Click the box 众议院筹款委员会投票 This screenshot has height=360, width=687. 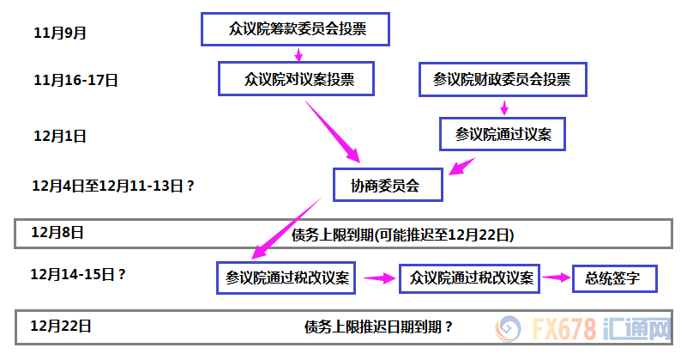[295, 29]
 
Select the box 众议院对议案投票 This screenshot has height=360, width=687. [296, 78]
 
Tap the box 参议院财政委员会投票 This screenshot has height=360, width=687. [503, 79]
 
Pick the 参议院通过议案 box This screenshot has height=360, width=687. [503, 134]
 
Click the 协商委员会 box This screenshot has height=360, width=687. [388, 185]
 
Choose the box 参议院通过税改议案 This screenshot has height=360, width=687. [286, 278]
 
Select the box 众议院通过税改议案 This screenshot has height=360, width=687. [469, 278]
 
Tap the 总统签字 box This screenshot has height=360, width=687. [615, 278]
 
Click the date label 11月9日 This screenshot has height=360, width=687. [59, 33]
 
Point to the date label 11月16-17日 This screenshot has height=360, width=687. [75, 81]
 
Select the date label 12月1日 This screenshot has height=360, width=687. [59, 136]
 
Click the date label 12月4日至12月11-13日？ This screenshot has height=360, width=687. [113, 186]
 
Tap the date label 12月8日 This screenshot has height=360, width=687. [57, 232]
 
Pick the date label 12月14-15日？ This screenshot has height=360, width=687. [78, 275]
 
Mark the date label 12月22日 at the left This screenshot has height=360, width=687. [61, 326]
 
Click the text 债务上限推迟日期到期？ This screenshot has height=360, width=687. [378, 327]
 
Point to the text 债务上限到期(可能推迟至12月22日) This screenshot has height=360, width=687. [402, 235]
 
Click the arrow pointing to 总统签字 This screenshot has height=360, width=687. [557, 278]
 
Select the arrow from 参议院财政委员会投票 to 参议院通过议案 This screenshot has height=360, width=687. [504, 107]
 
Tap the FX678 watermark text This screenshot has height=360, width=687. [564, 328]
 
